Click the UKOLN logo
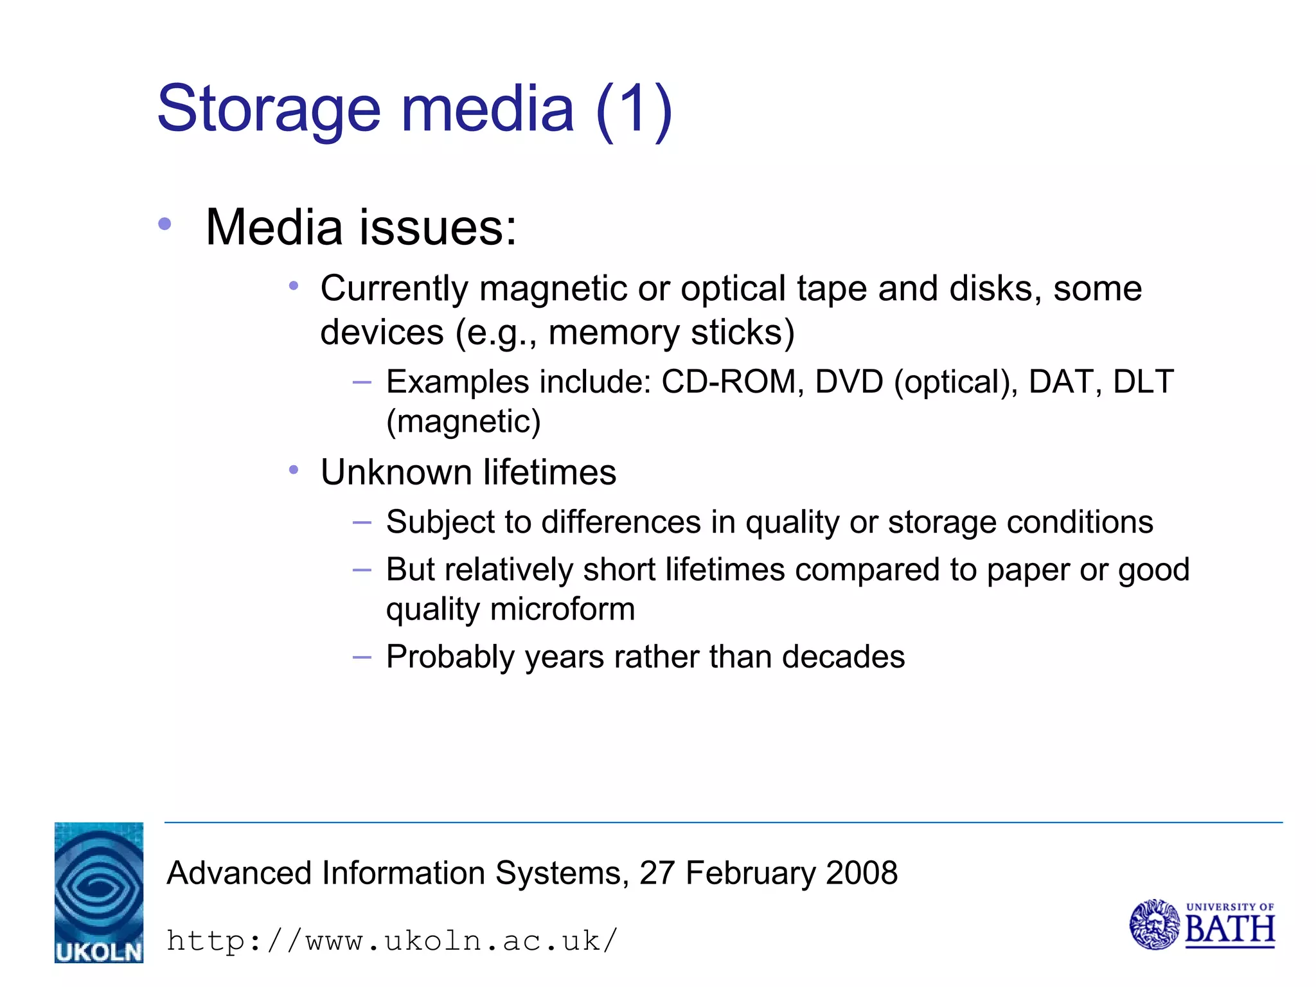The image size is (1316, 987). pos(99,892)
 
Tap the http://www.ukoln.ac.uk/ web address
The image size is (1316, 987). pos(392,941)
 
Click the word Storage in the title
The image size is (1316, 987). pos(269,109)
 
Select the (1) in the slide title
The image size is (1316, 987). pos(634,109)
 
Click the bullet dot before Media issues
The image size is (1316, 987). pos(165,224)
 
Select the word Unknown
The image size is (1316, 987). pos(396,472)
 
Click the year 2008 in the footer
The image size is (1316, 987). pos(862,873)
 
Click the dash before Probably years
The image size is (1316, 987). pos(362,657)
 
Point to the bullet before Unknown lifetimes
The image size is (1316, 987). pos(294,470)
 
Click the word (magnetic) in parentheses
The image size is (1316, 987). pos(463,422)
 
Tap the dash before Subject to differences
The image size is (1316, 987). pos(362,522)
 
